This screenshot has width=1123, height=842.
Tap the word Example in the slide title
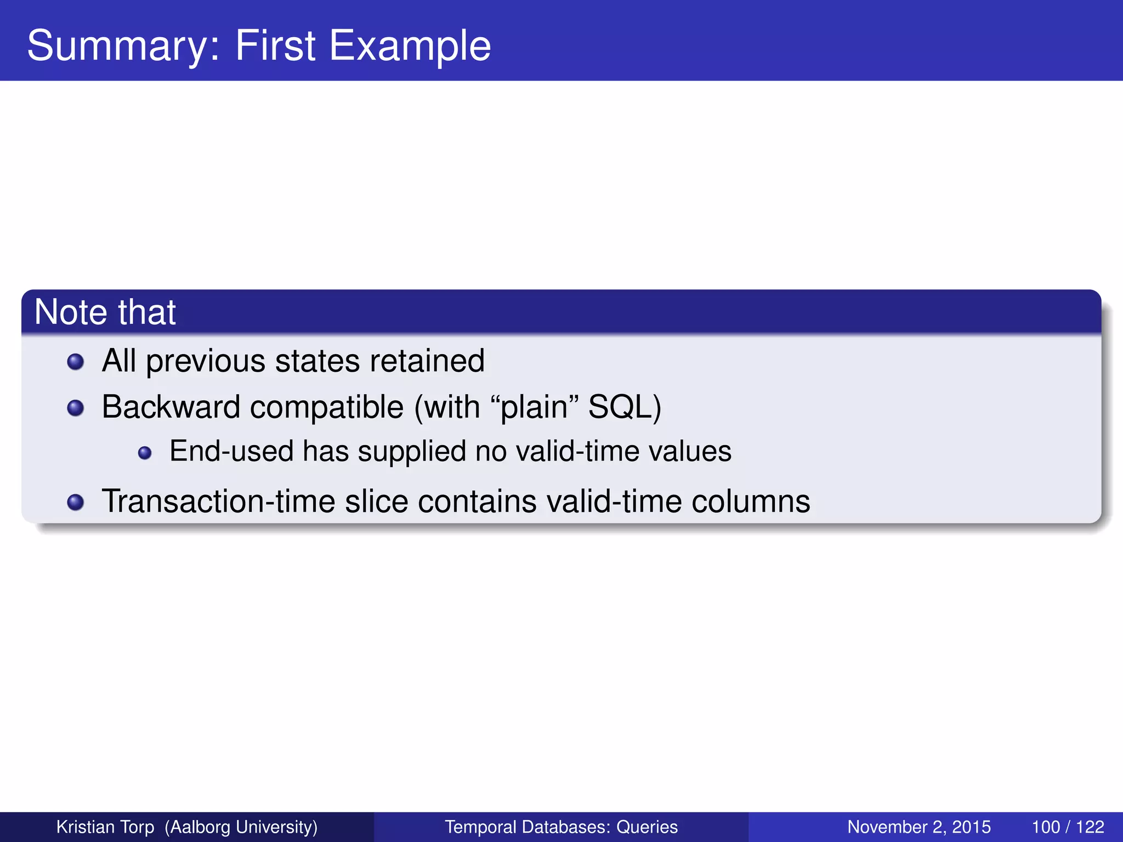[410, 46]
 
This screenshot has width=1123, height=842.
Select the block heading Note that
[105, 312]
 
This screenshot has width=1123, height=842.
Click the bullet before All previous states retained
[75, 362]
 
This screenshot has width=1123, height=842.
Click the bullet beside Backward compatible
[75, 408]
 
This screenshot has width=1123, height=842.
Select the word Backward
[171, 407]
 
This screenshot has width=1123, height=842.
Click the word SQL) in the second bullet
[625, 407]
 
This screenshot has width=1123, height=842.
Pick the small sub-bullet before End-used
[145, 453]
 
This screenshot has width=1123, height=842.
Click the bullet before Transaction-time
[75, 502]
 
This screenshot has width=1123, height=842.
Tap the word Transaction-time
[218, 501]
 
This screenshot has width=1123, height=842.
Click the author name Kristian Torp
[105, 827]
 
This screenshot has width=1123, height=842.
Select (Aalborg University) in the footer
[241, 827]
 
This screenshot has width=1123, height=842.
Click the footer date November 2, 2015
[919, 827]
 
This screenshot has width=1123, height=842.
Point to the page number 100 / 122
[1068, 827]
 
